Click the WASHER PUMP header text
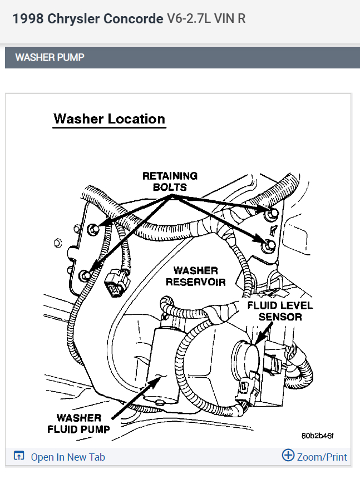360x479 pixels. coord(50,57)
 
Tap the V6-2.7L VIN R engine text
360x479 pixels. coord(206,19)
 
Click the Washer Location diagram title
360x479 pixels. coord(109,119)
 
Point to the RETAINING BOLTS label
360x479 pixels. coord(170,181)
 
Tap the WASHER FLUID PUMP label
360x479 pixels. coord(79,423)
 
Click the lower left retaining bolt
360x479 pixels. coord(85,273)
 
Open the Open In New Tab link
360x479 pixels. coord(67,457)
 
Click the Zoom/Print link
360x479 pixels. coord(322,457)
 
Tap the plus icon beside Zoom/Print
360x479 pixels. coord(288,456)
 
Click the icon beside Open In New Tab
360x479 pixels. coord(19,457)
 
